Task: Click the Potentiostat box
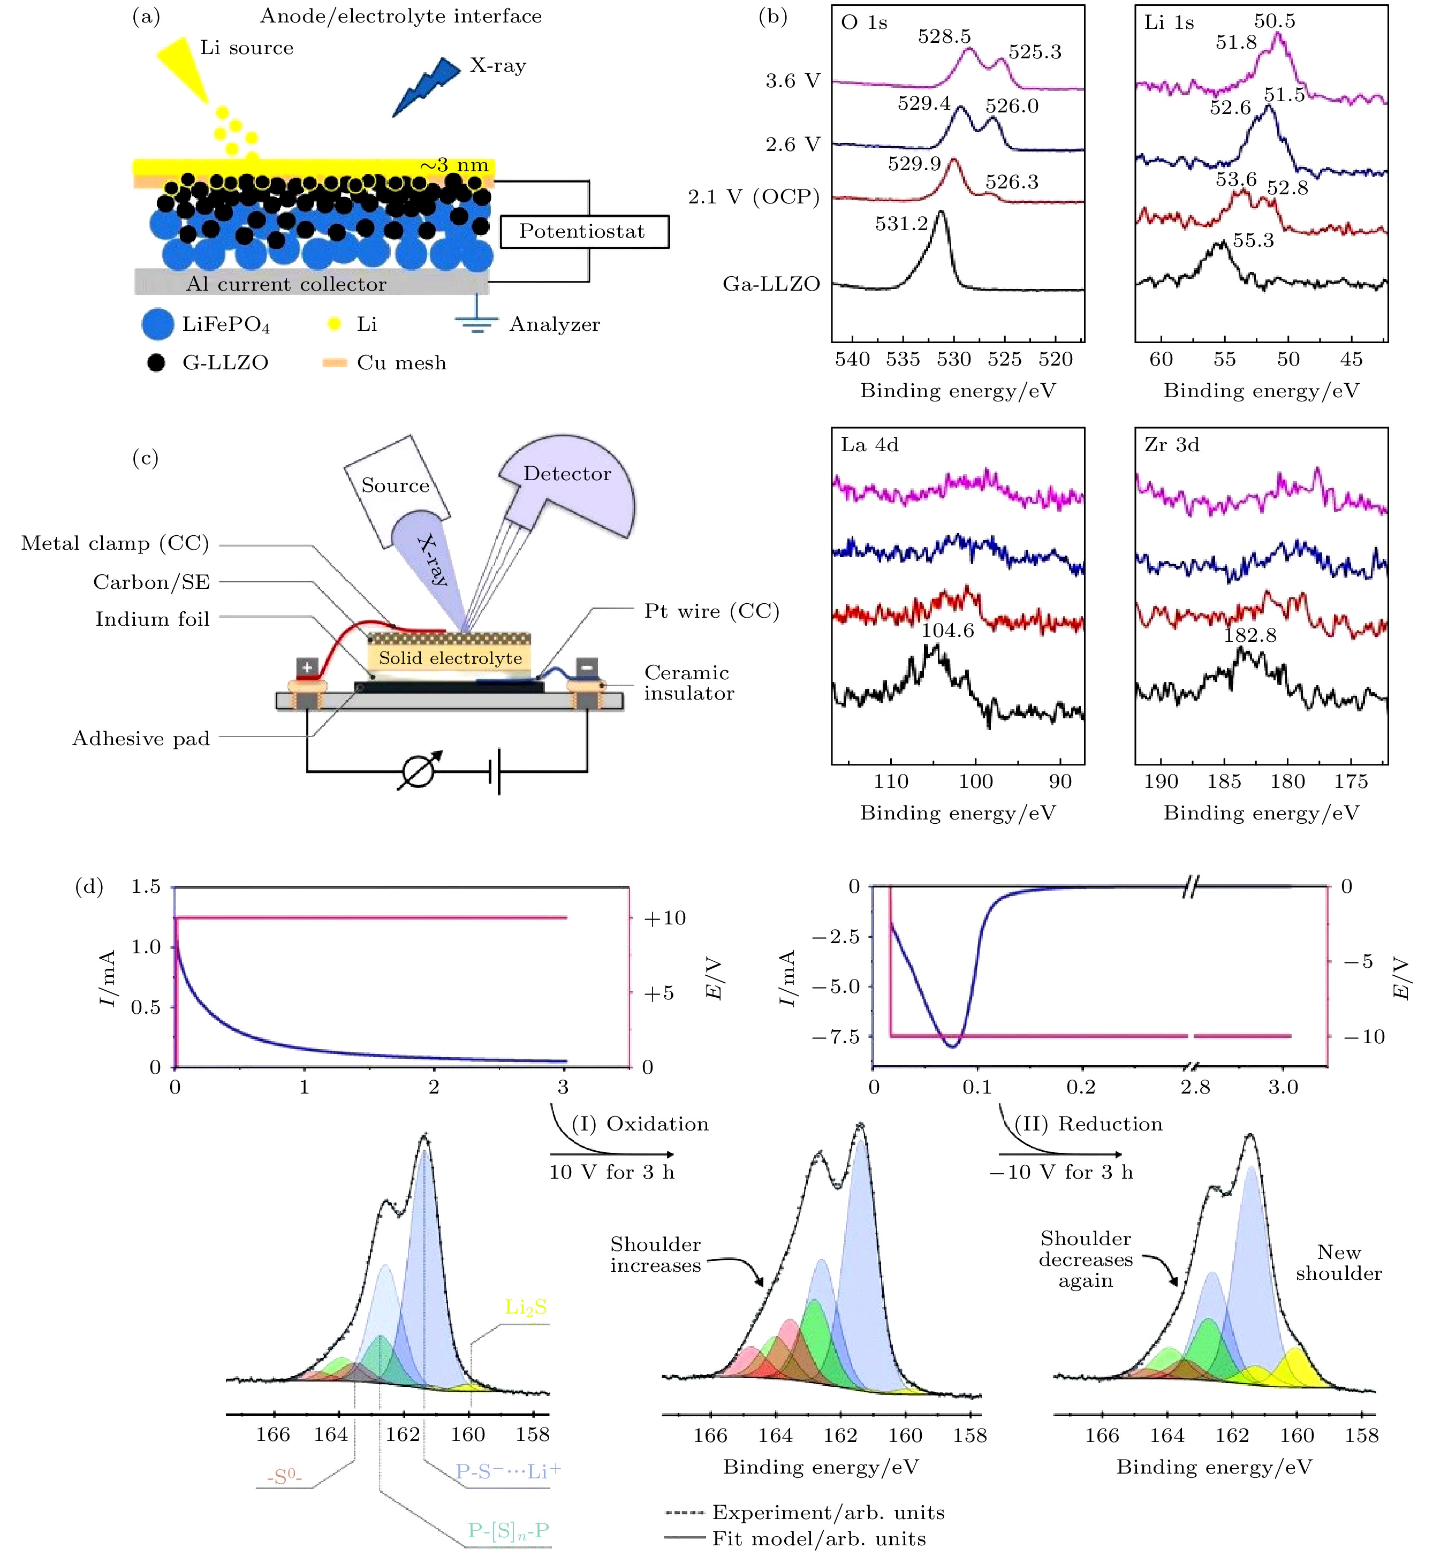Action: coord(583,232)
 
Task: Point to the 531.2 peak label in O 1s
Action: coord(901,224)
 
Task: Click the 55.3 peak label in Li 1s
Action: coord(1253,240)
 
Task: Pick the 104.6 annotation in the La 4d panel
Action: coord(947,631)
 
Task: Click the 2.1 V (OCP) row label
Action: coord(753,197)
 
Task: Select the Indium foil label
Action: coord(152,619)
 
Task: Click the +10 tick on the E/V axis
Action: coord(664,918)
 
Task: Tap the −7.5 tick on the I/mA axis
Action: coord(835,1037)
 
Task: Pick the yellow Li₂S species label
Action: coord(525,1307)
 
